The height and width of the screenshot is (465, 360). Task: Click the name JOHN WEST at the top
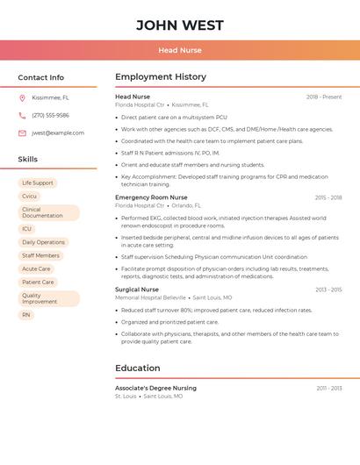180,25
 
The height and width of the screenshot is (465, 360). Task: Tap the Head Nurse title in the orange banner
180,50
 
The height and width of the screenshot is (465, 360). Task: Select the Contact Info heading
41,77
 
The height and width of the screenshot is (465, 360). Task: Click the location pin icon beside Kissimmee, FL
22,97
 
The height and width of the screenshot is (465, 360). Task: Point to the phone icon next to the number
22,115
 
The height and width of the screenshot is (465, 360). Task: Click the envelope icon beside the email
22,132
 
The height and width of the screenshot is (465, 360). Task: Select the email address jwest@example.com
58,132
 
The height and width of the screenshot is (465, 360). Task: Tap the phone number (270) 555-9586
50,115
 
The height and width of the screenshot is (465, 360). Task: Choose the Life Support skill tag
38,182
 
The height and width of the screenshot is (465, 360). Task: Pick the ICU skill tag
26,228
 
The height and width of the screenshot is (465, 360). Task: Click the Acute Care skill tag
36,268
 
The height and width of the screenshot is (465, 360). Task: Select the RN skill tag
26,314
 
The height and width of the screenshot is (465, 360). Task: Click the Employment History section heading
161,76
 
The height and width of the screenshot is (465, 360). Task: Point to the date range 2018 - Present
324,97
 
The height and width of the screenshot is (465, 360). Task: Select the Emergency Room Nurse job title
151,197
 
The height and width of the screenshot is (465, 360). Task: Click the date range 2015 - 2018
328,197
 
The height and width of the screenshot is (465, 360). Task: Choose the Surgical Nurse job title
137,289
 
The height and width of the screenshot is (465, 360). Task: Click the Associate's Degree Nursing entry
155,387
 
